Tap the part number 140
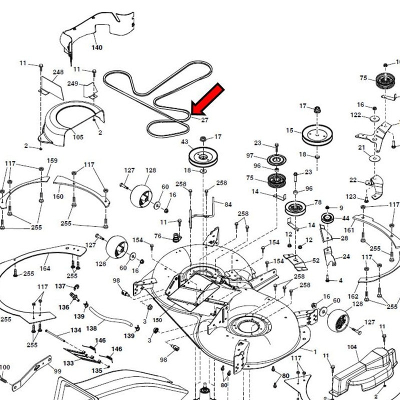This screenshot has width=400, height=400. pyautogui.click(x=97, y=48)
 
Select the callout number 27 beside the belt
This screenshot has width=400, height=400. pyautogui.click(x=204, y=119)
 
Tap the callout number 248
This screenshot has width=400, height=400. pyautogui.click(x=58, y=72)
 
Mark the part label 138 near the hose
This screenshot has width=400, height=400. pyautogui.click(x=92, y=329)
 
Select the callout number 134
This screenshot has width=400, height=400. pyautogui.click(x=75, y=330)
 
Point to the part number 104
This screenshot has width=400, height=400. pyautogui.click(x=352, y=346)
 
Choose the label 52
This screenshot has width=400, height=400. pyautogui.click(x=316, y=260)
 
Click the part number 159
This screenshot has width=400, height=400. pyautogui.click(x=52, y=160)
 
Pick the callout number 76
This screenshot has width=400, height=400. pyautogui.click(x=157, y=236)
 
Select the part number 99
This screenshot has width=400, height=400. pyautogui.click(x=57, y=371)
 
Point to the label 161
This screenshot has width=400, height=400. pyautogui.click(x=349, y=230)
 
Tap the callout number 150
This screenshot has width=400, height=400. pyautogui.click(x=157, y=319)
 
